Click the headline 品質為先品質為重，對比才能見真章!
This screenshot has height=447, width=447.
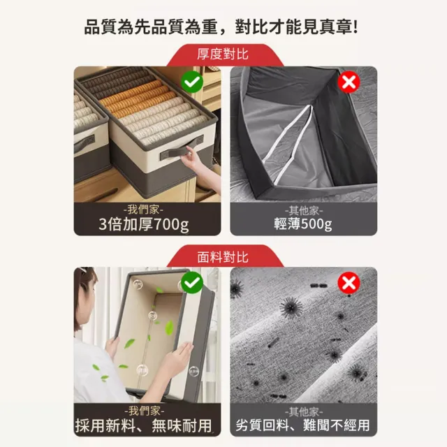(x=221, y=27)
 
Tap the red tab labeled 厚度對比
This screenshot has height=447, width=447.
(x=223, y=54)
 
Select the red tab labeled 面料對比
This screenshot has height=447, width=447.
(x=223, y=257)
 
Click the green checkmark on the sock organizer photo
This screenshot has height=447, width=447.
(x=192, y=82)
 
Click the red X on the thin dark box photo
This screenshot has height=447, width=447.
(x=349, y=82)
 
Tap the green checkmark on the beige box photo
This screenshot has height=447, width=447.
(x=192, y=282)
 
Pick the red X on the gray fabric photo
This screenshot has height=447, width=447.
(x=349, y=282)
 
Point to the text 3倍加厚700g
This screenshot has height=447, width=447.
(x=144, y=225)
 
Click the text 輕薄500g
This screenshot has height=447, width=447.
(x=303, y=223)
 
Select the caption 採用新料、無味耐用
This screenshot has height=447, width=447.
(x=144, y=425)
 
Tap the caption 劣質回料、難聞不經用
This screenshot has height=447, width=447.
(x=302, y=425)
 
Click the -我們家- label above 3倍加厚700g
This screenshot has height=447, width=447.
(x=143, y=210)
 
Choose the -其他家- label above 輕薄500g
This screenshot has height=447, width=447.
(x=304, y=211)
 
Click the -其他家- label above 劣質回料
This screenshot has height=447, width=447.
(x=304, y=411)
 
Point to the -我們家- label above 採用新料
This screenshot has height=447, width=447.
(x=145, y=411)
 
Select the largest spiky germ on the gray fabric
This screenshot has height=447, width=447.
(x=291, y=307)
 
